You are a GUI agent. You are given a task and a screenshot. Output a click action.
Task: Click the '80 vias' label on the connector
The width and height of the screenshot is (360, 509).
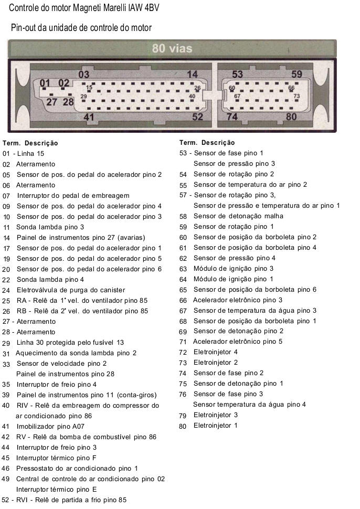172,49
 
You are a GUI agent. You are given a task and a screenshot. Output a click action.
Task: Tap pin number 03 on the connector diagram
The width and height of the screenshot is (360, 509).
83,75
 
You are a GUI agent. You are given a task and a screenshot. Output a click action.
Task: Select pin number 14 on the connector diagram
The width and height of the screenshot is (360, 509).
193,75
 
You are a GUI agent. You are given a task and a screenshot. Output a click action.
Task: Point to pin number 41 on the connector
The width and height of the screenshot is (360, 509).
89,117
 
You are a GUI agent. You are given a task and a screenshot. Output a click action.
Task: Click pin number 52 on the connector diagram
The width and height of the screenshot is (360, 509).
197,116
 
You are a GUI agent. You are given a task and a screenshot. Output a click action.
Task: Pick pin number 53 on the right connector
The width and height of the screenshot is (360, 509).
237,75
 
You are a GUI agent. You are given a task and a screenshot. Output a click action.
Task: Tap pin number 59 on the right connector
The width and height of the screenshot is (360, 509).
297,75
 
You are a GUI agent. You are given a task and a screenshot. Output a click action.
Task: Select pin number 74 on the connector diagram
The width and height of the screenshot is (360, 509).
232,116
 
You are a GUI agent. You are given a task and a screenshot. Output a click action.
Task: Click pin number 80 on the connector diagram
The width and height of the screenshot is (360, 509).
291,116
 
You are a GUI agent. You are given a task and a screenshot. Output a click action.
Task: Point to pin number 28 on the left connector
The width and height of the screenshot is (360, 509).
68,102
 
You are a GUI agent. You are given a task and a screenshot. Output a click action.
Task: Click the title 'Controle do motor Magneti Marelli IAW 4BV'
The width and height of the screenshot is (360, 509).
84,8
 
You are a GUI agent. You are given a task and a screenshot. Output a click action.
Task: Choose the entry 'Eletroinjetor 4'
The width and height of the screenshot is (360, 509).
215,352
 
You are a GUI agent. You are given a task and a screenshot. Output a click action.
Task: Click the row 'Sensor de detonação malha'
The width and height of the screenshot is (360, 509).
238,216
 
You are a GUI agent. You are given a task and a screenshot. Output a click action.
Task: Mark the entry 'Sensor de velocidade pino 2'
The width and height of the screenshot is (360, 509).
61,364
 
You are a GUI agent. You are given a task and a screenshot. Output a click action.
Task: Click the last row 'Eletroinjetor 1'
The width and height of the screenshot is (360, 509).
215,426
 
